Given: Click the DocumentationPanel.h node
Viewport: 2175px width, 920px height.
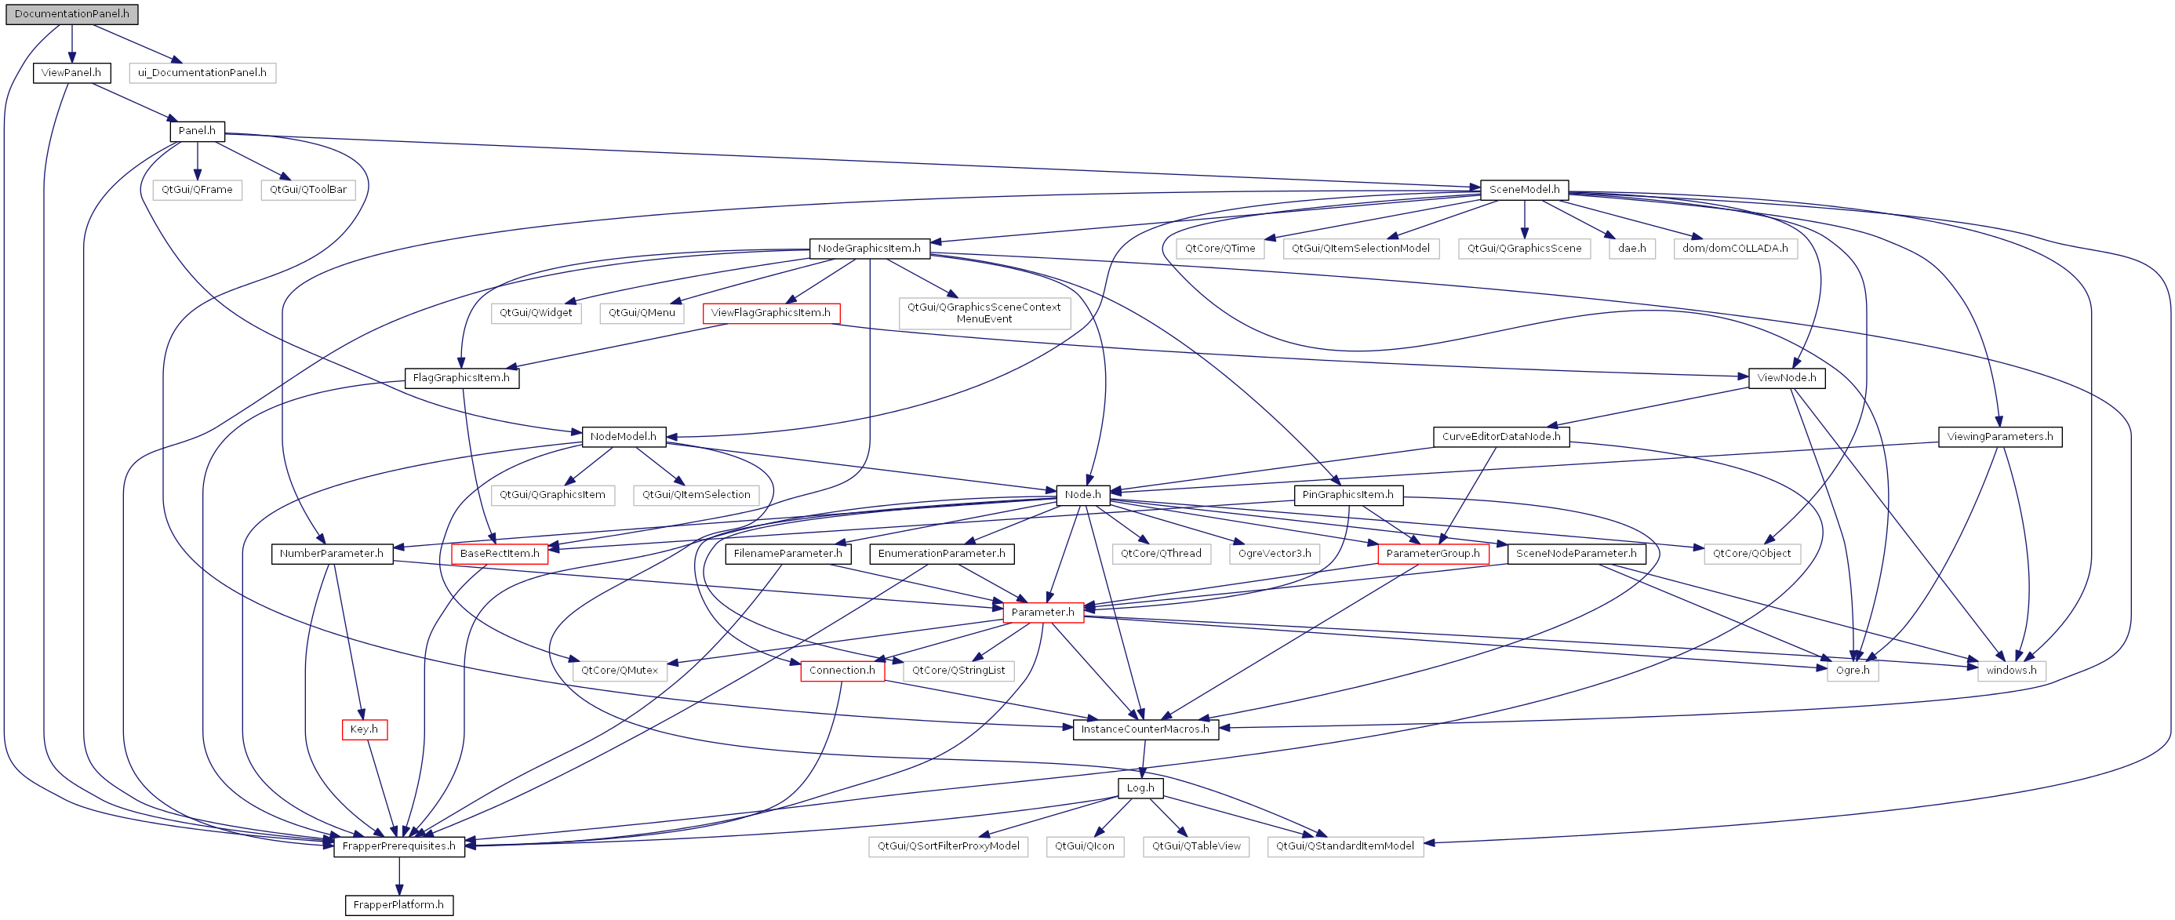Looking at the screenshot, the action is click(72, 14).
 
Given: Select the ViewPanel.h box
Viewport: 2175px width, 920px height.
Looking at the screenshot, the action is click(72, 73).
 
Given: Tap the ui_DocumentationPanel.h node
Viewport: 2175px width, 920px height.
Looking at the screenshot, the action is click(202, 73).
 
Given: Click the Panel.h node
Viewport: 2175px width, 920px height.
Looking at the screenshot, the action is click(197, 131).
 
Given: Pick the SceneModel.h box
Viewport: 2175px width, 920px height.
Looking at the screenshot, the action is click(1524, 190).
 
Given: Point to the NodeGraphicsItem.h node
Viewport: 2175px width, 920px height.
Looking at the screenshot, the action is click(869, 249).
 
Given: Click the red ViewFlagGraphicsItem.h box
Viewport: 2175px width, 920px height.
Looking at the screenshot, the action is click(771, 313).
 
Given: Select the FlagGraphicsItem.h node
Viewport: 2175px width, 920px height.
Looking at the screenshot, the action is click(461, 378).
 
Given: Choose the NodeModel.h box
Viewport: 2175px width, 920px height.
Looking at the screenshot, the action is click(623, 437).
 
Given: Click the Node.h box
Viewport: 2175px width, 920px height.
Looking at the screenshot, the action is click(1082, 496).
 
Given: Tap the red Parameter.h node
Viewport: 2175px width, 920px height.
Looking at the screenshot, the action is click(1042, 613).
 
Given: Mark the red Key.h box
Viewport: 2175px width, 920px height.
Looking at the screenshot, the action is click(365, 730).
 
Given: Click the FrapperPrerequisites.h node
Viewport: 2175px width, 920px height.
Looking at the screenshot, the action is click(398, 846).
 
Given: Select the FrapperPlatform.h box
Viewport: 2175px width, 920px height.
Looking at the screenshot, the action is click(398, 906).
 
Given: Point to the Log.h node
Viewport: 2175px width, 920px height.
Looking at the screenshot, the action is click(1140, 788).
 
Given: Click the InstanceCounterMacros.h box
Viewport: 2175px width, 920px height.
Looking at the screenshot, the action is click(1145, 730).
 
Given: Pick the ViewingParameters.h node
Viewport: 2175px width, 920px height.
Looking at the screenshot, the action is click(1999, 437).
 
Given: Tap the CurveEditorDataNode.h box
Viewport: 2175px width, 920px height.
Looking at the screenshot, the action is click(1501, 437).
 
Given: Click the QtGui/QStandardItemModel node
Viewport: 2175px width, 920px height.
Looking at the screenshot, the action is click(1345, 846).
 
